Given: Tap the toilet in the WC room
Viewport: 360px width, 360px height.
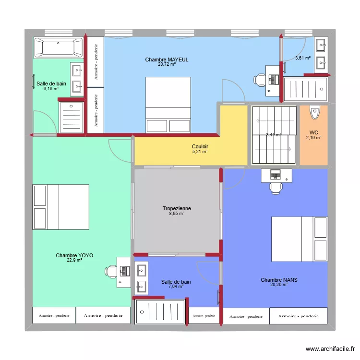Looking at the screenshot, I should (x=314, y=112).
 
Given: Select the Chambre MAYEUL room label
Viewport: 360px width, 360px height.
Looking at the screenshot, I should (x=167, y=60).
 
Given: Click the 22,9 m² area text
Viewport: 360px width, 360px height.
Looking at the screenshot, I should (x=74, y=260).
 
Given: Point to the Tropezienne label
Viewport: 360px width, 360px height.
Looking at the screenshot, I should (x=177, y=208).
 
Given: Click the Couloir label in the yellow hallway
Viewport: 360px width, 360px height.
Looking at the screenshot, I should (x=200, y=146).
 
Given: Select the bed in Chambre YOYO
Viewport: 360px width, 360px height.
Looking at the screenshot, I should (x=60, y=207).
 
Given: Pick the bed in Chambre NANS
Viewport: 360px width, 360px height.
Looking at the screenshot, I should (x=300, y=239).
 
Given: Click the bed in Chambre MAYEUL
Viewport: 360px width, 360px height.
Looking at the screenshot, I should (x=168, y=104).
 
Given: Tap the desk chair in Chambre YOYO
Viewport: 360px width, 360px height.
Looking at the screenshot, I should (x=111, y=272).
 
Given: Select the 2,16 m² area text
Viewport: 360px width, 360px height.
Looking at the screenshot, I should (x=313, y=138).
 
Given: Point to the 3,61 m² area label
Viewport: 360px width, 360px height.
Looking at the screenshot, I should (x=302, y=58).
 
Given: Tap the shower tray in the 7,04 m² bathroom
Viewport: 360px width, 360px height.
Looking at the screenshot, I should (x=160, y=312).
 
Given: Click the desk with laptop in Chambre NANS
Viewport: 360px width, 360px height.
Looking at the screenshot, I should (x=276, y=176).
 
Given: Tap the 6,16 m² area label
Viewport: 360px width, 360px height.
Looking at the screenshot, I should (x=50, y=88).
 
